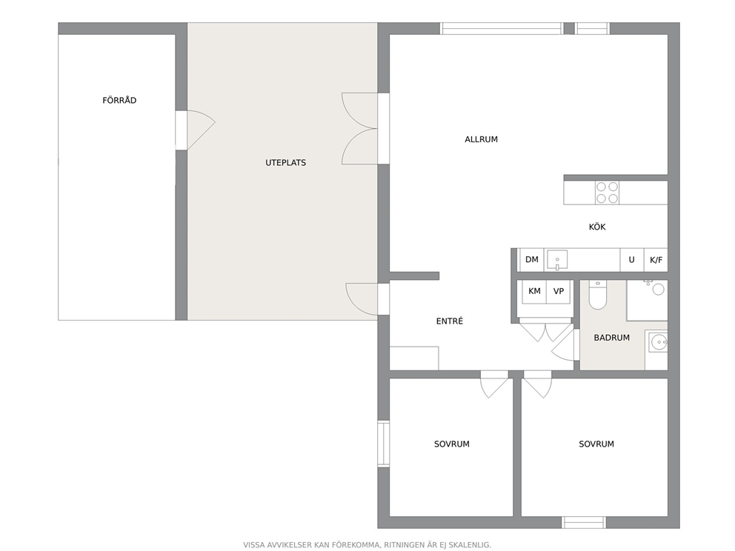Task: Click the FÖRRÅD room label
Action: [x=119, y=100]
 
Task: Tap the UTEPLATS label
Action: [x=285, y=163]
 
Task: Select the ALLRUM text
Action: [x=481, y=139]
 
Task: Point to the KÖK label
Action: [x=597, y=227]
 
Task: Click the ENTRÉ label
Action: [x=450, y=321]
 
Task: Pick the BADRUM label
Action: [x=612, y=338]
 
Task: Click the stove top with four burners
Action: [x=607, y=193]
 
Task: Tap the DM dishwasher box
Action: [x=531, y=259]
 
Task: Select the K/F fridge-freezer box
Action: [x=656, y=260]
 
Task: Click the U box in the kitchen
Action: [x=632, y=260]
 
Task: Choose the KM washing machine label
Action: [x=534, y=291]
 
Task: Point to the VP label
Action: [x=558, y=291]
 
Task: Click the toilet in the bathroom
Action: [x=598, y=295]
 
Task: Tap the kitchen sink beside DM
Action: [x=557, y=260]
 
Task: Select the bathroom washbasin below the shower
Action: [x=658, y=342]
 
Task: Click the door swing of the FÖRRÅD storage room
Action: [x=201, y=130]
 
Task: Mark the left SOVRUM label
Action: [x=451, y=444]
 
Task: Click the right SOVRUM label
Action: [x=596, y=444]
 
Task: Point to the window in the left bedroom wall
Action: [x=384, y=444]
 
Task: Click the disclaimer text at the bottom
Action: [x=367, y=545]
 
